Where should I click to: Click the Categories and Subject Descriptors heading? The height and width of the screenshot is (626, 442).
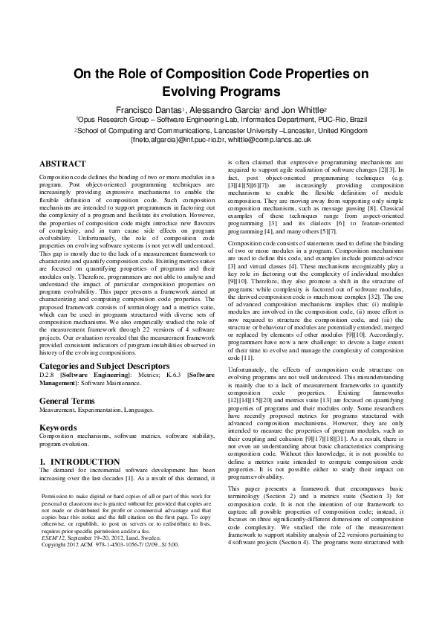pos(103,346)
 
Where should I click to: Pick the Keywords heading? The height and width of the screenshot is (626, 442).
pos(58,407)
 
